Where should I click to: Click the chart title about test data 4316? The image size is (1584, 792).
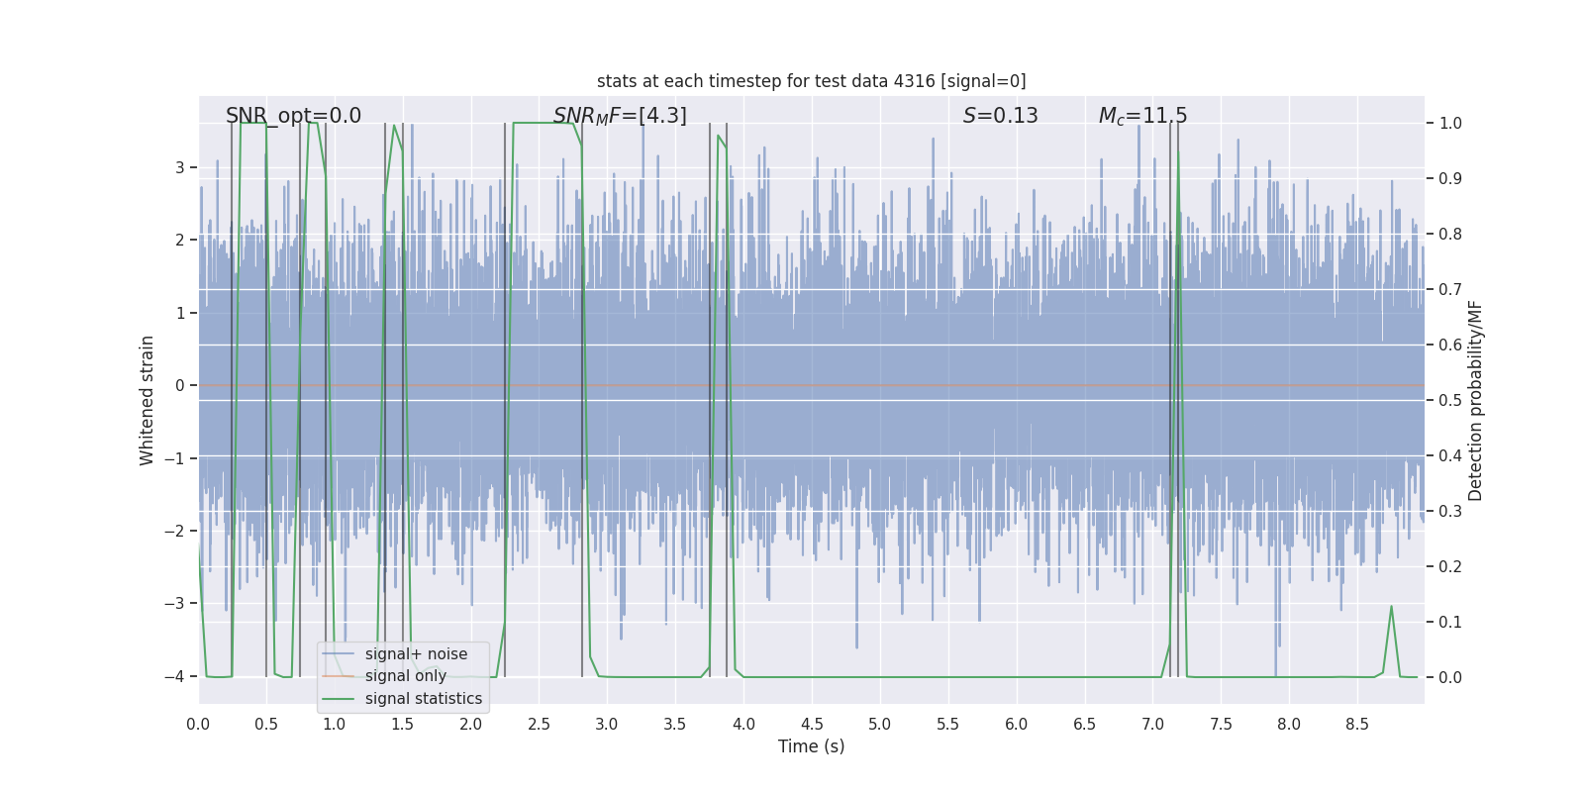point(811,81)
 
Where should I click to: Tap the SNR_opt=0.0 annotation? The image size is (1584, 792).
point(293,116)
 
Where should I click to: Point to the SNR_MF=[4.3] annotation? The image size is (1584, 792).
point(620,116)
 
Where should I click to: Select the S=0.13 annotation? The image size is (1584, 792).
point(1000,116)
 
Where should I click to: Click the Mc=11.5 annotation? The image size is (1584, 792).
point(1142,116)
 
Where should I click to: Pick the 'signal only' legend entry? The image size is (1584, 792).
point(405,676)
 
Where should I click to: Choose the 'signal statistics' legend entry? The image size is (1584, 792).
point(423,699)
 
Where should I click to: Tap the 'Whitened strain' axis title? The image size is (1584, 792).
point(148,400)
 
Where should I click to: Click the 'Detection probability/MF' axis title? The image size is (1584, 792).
point(1475,400)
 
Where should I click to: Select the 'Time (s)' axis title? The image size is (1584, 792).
point(811,746)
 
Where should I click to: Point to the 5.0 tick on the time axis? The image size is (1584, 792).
point(879,724)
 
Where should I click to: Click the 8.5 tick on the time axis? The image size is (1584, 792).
point(1356,724)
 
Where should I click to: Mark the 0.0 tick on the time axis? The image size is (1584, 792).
point(198,724)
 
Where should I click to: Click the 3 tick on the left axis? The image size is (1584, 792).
point(180,167)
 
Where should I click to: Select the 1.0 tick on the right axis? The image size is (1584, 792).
point(1449,124)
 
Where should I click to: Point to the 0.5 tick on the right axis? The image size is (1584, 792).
point(1449,401)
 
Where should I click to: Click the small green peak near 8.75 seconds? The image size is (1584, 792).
point(1391,607)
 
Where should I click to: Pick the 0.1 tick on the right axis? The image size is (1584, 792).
point(1449,623)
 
